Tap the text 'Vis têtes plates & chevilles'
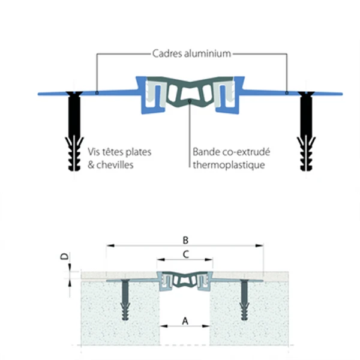click(119, 157)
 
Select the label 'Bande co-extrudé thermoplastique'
click(229, 157)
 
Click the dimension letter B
click(185, 239)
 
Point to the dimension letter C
click(185, 254)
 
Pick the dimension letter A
click(185, 320)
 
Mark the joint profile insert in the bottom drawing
click(185, 280)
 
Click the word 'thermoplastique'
click(229, 163)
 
